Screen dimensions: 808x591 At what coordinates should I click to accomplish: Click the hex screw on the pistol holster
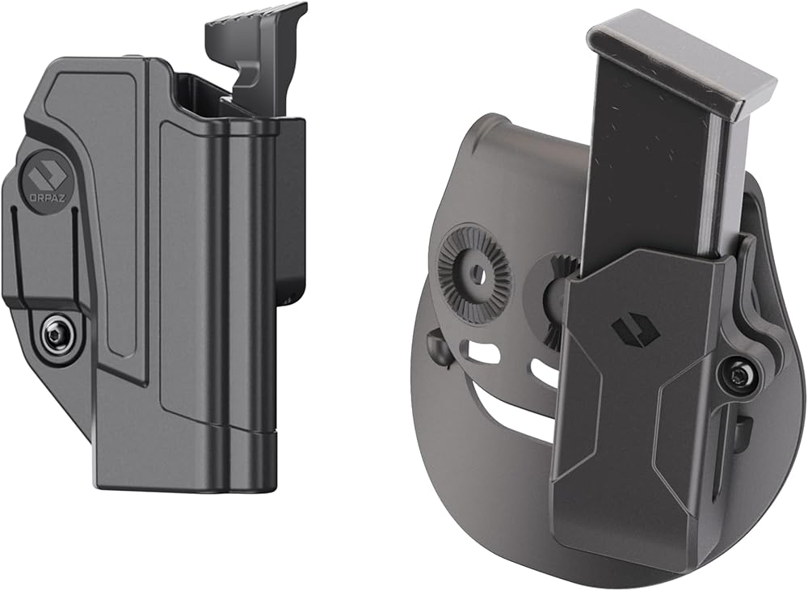[53, 337]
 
